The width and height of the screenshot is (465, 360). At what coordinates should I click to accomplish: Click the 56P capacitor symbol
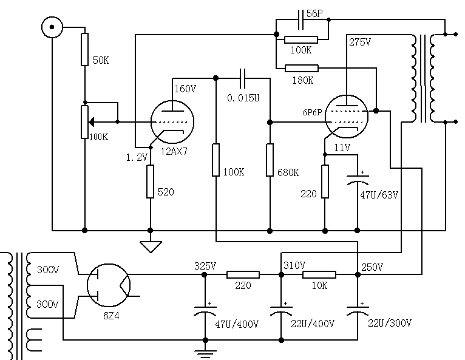click(301, 20)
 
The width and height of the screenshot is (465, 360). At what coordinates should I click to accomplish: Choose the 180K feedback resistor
click(302, 68)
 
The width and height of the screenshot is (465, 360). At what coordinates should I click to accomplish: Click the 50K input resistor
click(85, 50)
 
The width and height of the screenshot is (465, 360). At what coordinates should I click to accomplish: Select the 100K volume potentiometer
click(85, 121)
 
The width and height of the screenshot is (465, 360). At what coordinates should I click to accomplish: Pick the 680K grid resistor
click(270, 160)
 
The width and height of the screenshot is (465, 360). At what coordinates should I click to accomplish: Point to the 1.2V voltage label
click(137, 157)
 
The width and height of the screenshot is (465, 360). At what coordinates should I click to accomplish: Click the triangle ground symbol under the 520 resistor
click(150, 246)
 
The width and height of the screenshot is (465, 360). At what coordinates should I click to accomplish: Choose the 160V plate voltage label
click(185, 89)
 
